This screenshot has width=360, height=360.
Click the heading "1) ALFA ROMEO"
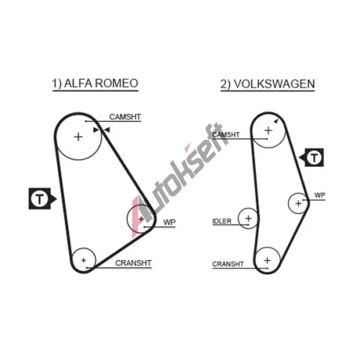[x=95, y=84]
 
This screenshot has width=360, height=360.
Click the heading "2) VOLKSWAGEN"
[x=268, y=84]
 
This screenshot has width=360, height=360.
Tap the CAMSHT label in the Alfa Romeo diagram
[x=125, y=117]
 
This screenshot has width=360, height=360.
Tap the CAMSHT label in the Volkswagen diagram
[x=226, y=135]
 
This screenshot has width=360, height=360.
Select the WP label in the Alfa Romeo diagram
[x=169, y=222]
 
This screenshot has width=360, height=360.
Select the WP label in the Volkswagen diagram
[x=320, y=195]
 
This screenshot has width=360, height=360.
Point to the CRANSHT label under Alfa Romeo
[x=133, y=263]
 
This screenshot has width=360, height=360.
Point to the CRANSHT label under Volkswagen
[x=228, y=264]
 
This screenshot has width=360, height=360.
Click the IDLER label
[x=222, y=221]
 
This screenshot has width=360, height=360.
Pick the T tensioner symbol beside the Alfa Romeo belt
[x=41, y=199]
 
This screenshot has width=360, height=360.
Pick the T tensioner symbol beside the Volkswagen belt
[x=312, y=158]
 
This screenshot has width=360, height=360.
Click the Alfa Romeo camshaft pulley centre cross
[x=78, y=137]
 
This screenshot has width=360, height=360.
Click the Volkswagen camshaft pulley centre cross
[x=269, y=130]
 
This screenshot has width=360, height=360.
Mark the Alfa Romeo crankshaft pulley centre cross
[x=84, y=260]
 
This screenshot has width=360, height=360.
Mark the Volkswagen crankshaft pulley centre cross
[x=267, y=260]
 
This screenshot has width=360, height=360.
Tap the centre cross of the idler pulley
[x=248, y=218]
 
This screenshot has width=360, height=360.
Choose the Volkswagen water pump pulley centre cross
[x=298, y=204]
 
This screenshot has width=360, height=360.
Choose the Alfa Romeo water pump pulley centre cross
[x=141, y=219]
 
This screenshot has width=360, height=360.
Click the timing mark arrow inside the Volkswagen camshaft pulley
[x=276, y=121]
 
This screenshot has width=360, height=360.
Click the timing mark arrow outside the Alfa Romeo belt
[x=107, y=130]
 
